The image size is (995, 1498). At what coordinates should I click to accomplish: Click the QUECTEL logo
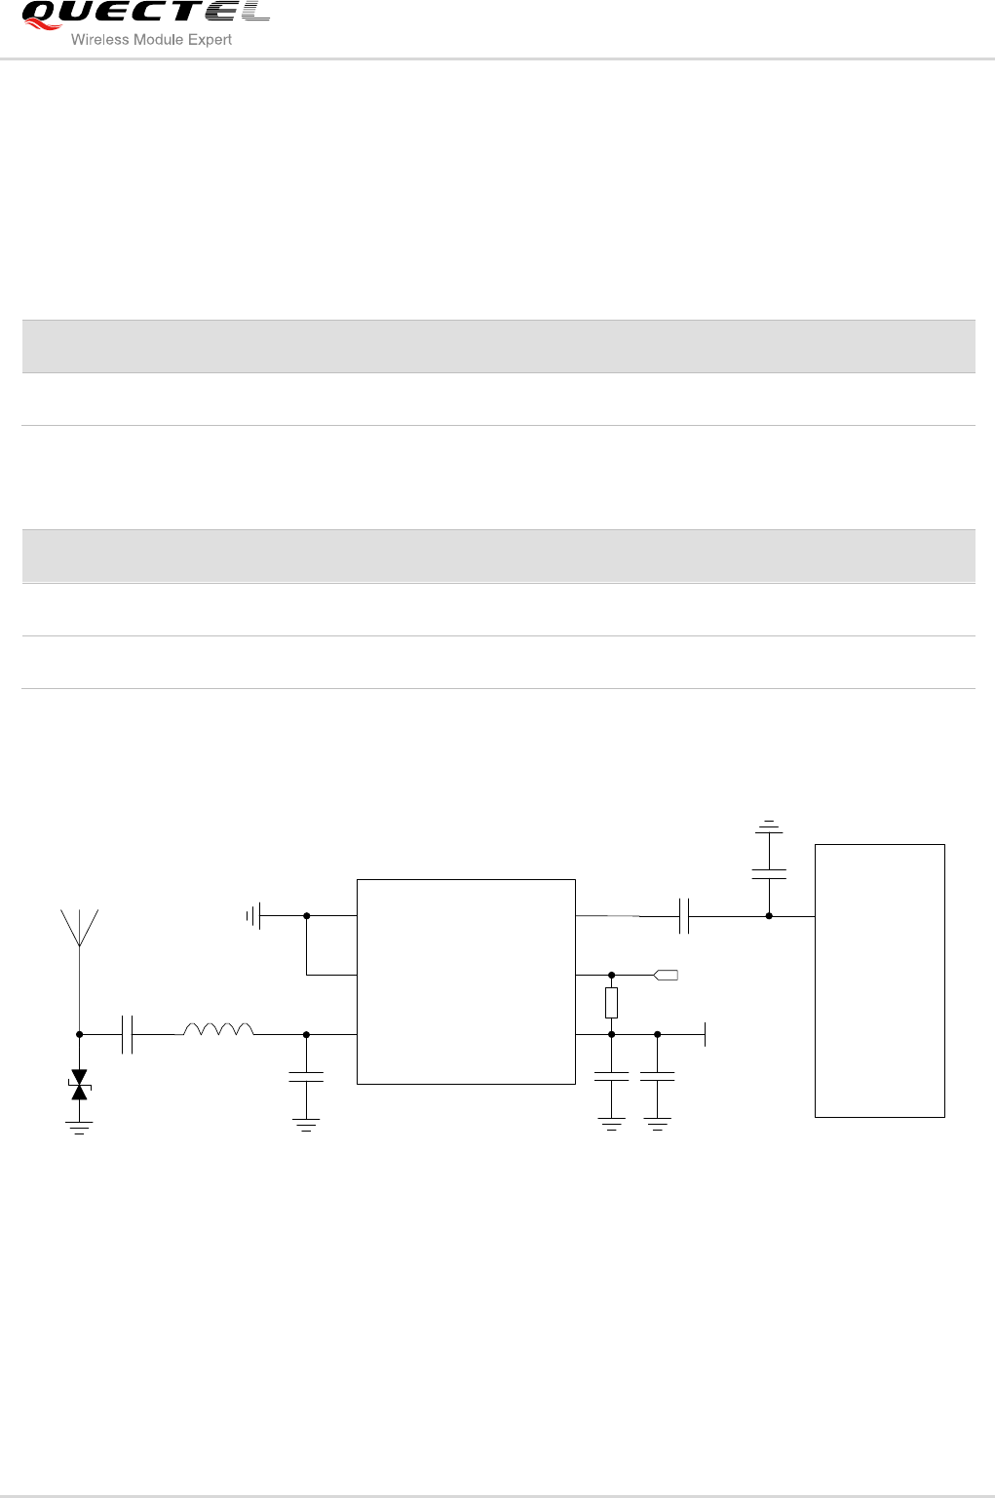(x=144, y=14)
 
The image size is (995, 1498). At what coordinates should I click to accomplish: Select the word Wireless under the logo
(x=100, y=40)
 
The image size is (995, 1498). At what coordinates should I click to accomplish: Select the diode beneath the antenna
(x=80, y=1085)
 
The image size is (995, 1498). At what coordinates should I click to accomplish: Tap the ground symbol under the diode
(x=80, y=1127)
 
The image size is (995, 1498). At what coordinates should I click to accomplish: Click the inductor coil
(x=219, y=1029)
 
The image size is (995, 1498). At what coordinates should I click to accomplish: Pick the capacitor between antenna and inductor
(x=127, y=1034)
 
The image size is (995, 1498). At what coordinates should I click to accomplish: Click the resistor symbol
(x=611, y=1003)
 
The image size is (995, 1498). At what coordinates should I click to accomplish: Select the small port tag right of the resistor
(x=666, y=975)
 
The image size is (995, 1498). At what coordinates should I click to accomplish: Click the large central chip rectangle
(x=466, y=980)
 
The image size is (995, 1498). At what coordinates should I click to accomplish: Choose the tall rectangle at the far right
(x=879, y=979)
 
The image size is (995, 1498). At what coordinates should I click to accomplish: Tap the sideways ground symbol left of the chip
(x=252, y=916)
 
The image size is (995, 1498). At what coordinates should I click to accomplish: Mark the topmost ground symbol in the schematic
(x=769, y=826)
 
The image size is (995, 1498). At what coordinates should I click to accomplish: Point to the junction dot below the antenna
(x=80, y=1034)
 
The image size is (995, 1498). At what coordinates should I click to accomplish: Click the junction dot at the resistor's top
(x=611, y=975)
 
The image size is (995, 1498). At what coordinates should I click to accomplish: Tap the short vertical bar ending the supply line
(x=705, y=1034)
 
